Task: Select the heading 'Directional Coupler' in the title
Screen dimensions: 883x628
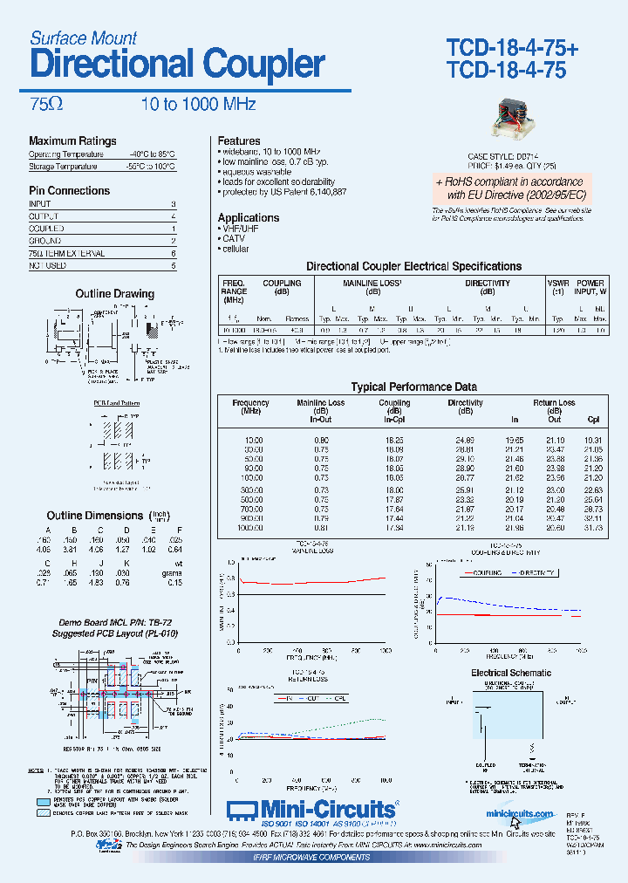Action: [177, 64]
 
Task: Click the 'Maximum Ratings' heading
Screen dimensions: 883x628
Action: [72, 141]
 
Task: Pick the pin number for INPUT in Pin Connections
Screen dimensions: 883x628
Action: [174, 204]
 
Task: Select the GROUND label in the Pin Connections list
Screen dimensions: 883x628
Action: [45, 241]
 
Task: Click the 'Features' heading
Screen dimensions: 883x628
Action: [239, 141]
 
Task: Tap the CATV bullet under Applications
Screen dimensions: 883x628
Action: [235, 238]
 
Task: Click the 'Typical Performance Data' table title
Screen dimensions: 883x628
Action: [413, 387]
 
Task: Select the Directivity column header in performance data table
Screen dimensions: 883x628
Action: [465, 403]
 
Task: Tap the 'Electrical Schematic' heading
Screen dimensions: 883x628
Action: [510, 673]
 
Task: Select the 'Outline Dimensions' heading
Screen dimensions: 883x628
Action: [94, 516]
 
